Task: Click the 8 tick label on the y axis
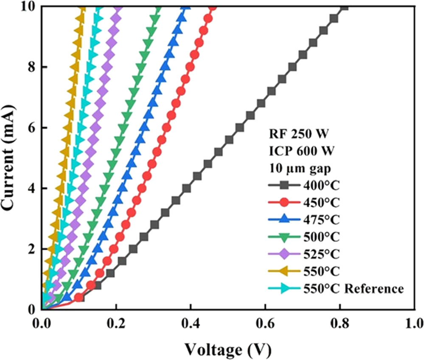coord(33,67)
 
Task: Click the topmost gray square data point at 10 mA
coord(344,7)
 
